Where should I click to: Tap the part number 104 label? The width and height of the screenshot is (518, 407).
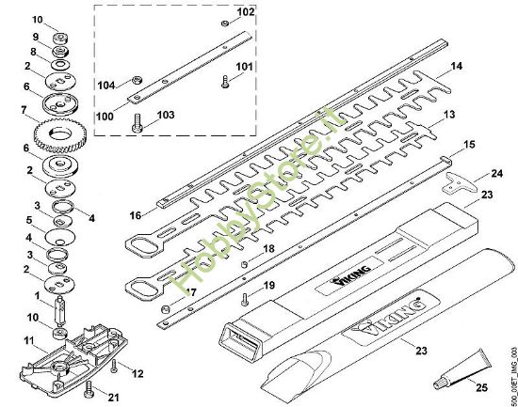(106, 86)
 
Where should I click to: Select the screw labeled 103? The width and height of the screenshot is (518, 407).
(138, 123)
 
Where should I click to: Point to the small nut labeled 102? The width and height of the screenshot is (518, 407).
(225, 23)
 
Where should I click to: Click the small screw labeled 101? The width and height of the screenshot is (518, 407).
(225, 82)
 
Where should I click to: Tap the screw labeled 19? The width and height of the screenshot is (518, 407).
(246, 300)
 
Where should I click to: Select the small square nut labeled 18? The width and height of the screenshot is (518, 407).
(244, 264)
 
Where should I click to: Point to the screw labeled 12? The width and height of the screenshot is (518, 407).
(114, 366)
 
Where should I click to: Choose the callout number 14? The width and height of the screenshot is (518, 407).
(457, 67)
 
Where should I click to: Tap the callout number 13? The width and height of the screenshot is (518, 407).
(449, 115)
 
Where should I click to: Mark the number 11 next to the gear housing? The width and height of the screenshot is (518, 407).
(29, 340)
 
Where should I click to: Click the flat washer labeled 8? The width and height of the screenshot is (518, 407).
(59, 64)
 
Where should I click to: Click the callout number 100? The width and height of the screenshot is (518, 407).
(105, 117)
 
